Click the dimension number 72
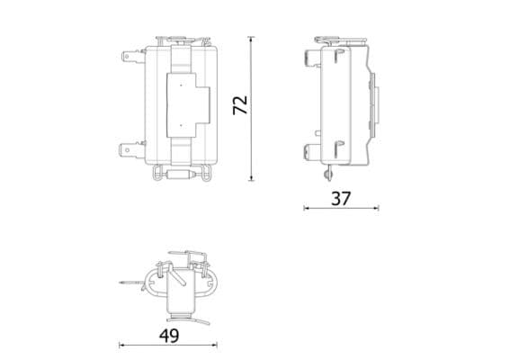click(239, 104)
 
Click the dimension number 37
click(339, 199)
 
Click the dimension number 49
click(168, 336)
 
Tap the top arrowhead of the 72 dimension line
click(251, 39)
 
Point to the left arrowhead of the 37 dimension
click(305, 209)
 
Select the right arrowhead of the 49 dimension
click(217, 345)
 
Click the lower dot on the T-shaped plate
click(181, 123)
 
